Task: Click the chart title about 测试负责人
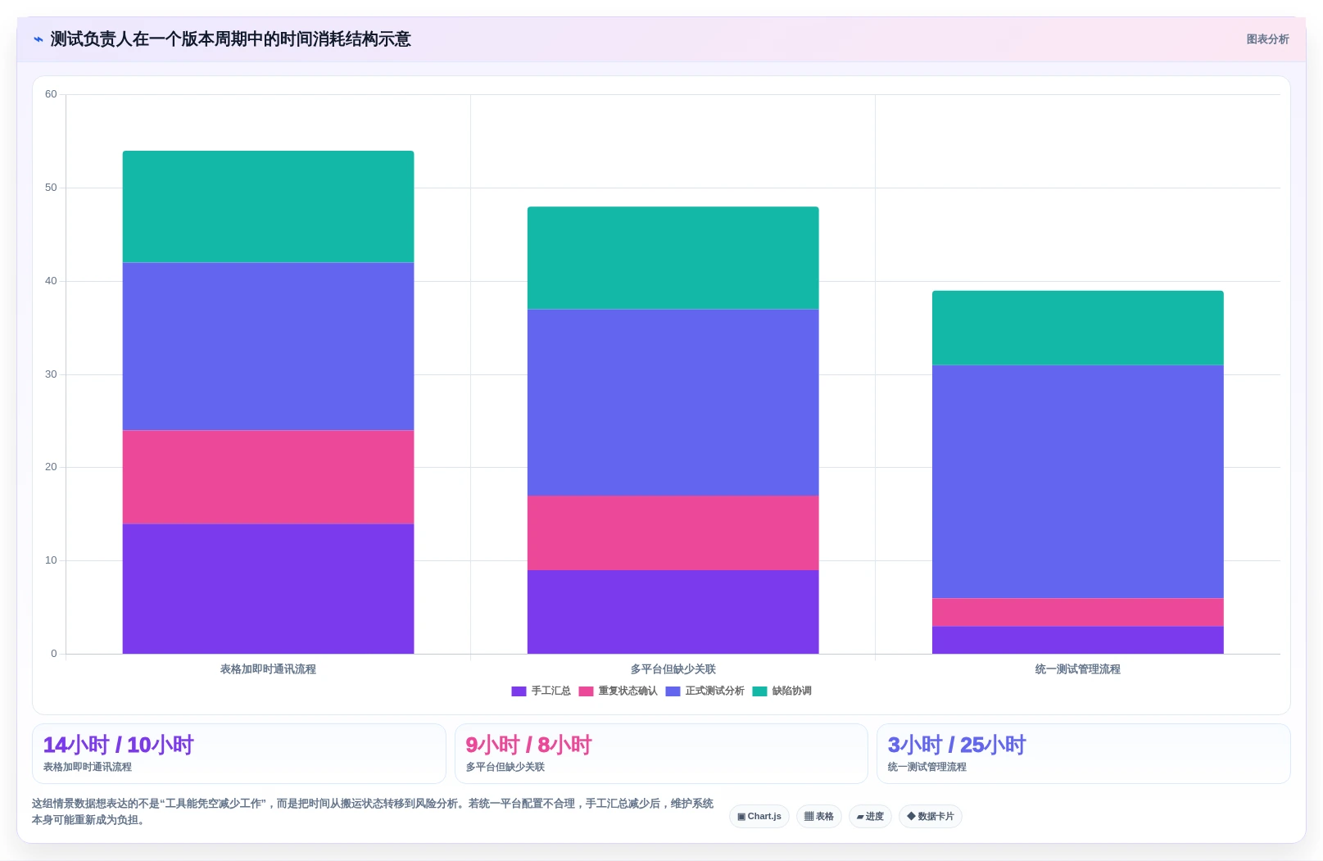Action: [x=230, y=39]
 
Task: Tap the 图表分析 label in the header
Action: [x=1267, y=39]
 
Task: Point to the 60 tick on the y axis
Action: [x=51, y=94]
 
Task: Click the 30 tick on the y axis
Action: [x=51, y=374]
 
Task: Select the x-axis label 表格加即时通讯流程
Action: [x=268, y=669]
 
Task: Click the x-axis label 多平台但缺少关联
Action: [x=673, y=669]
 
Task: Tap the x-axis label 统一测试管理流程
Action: [x=1077, y=669]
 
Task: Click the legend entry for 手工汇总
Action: [x=541, y=691]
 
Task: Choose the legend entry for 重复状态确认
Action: [x=618, y=691]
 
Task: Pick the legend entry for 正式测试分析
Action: [x=705, y=691]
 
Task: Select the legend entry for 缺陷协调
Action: [x=782, y=691]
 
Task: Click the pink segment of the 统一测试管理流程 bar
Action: [x=1077, y=613]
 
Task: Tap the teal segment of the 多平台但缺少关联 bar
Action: [x=673, y=258]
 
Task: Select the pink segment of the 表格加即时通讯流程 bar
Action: [x=268, y=477]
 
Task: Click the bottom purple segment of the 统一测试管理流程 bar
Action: [x=1077, y=640]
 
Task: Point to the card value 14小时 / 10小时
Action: [x=118, y=745]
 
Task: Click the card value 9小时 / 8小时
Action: [x=528, y=745]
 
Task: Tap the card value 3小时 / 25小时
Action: [x=957, y=745]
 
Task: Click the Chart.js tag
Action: [x=759, y=816]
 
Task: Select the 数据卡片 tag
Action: [x=931, y=816]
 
